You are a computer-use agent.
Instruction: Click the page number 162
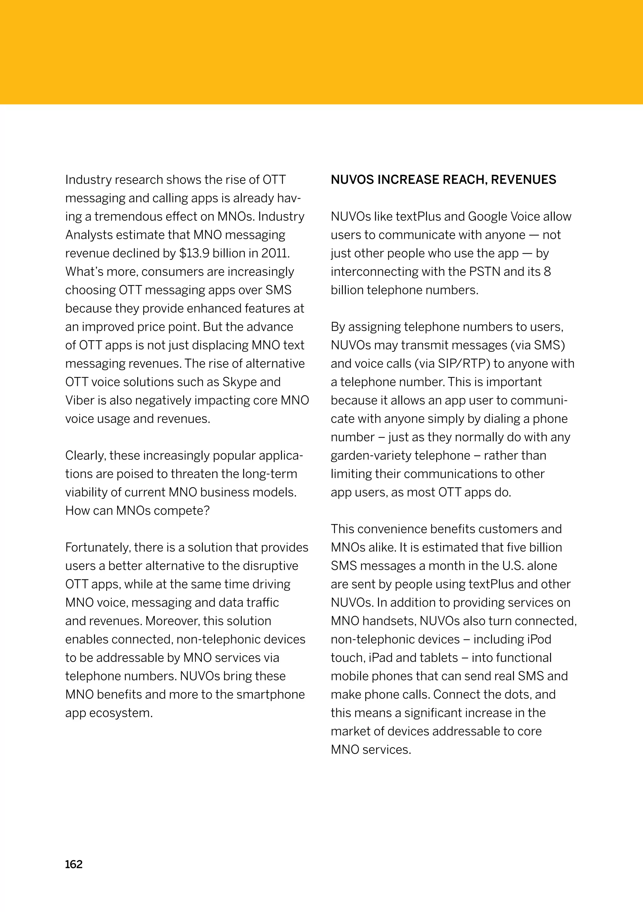pyautogui.click(x=73, y=864)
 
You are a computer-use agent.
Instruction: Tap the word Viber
pyautogui.click(x=79, y=400)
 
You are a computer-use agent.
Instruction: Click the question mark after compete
pyautogui.click(x=206, y=511)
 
